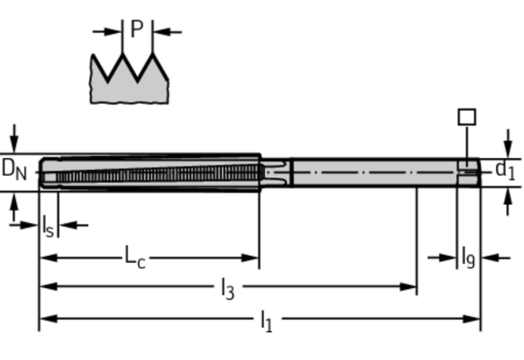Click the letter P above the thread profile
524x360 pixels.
[x=137, y=30]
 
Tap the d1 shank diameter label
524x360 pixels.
[x=505, y=169]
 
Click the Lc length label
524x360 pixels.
[x=135, y=256]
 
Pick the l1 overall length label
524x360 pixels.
[x=266, y=319]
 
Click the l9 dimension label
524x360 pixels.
[x=468, y=256]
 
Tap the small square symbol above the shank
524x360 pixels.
[x=466, y=117]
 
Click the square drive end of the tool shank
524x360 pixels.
[x=468, y=171]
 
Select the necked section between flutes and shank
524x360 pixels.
[x=275, y=171]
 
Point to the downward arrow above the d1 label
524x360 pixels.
[x=508, y=146]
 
